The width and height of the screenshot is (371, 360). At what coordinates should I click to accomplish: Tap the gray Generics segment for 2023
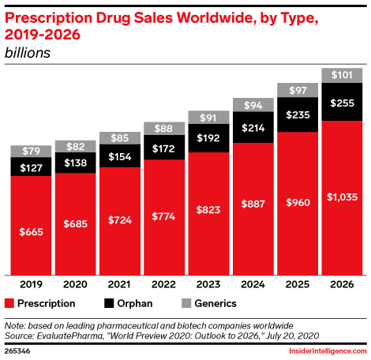(x=208, y=117)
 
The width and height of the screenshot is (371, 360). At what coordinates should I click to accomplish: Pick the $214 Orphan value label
(x=253, y=127)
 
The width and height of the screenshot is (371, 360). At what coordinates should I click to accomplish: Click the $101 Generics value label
(x=341, y=76)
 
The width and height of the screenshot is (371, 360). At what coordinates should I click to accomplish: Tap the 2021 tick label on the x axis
(x=119, y=284)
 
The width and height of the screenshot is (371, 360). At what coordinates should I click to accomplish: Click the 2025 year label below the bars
(x=297, y=284)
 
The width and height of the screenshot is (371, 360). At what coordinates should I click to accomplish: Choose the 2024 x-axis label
(x=253, y=284)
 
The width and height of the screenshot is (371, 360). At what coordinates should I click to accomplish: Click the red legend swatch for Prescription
(x=9, y=302)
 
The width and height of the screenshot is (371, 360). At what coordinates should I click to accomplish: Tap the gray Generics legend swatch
(x=186, y=302)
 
